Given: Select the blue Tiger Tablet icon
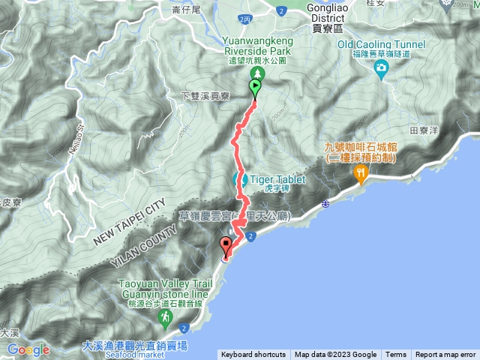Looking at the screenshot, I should pos(241,180).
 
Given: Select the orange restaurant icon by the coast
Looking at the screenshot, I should pos(361,174).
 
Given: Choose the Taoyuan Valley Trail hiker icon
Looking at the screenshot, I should pos(165,319).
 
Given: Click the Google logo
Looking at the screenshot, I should pos(28,349).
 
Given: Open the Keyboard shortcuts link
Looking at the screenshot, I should pos(253,355).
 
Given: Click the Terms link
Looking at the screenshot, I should pos(396,355).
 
